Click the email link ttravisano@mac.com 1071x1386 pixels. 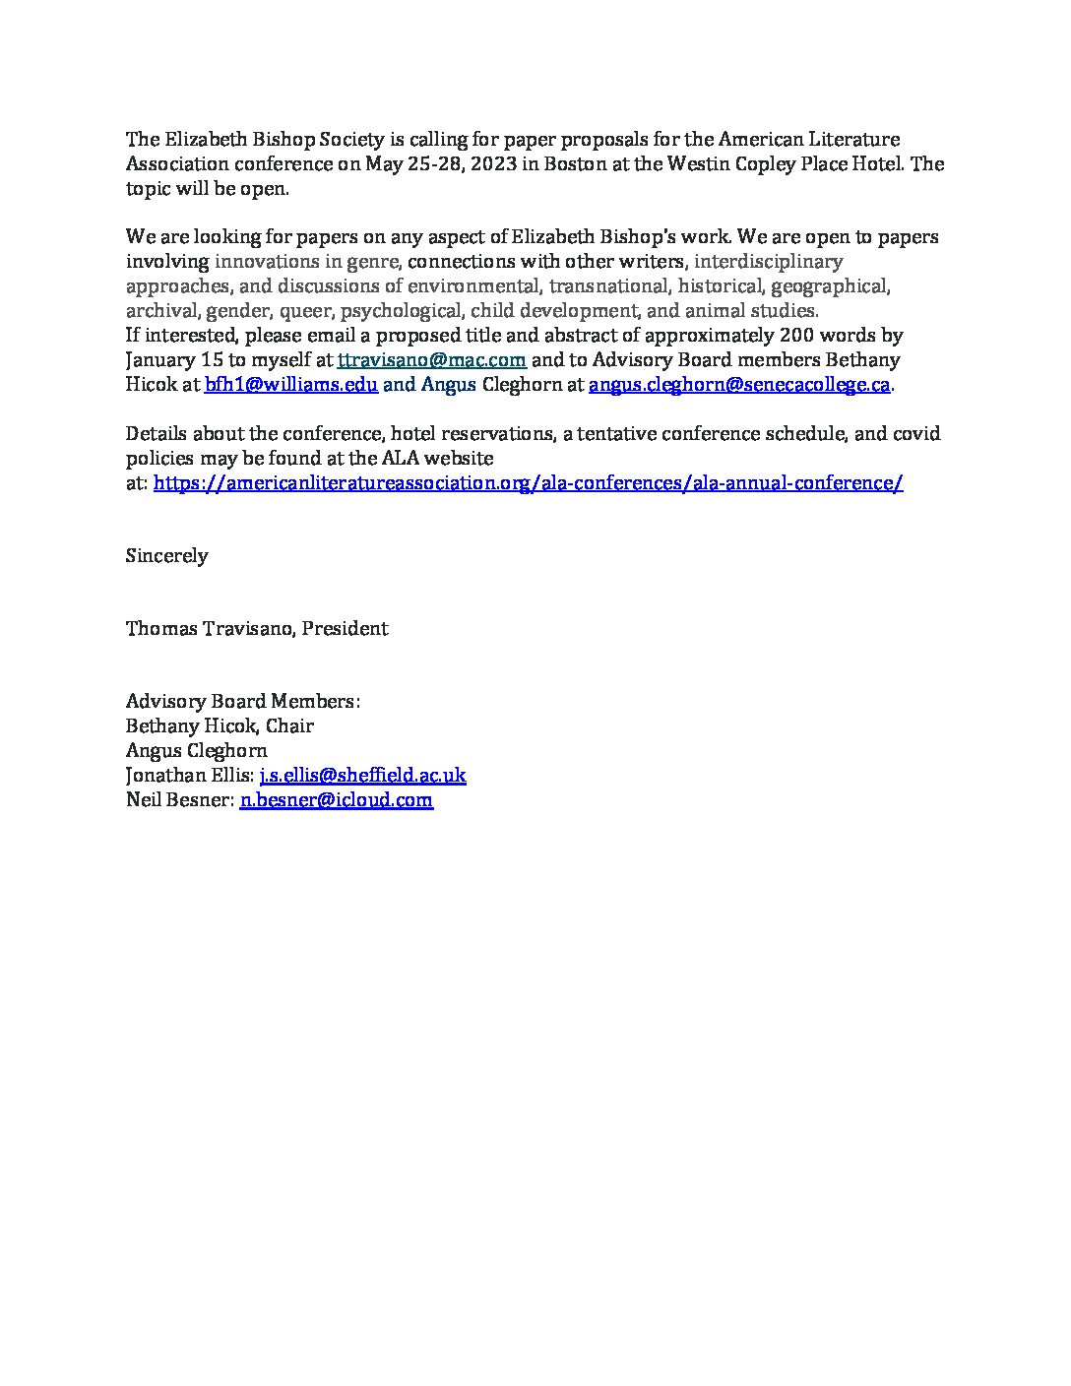[431, 360]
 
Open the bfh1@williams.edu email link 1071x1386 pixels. [291, 385]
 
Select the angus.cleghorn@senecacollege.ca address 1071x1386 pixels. [739, 385]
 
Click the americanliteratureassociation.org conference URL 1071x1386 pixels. [529, 482]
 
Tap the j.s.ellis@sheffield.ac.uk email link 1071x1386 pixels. [362, 775]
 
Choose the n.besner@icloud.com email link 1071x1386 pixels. [337, 799]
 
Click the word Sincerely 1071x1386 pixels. [166, 556]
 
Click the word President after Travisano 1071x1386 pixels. [345, 629]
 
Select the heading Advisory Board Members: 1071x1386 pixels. [243, 702]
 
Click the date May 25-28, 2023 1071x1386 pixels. [440, 164]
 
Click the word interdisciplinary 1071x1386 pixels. [768, 262]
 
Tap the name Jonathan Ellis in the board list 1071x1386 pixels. [188, 775]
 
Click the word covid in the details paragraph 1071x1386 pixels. [915, 434]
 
